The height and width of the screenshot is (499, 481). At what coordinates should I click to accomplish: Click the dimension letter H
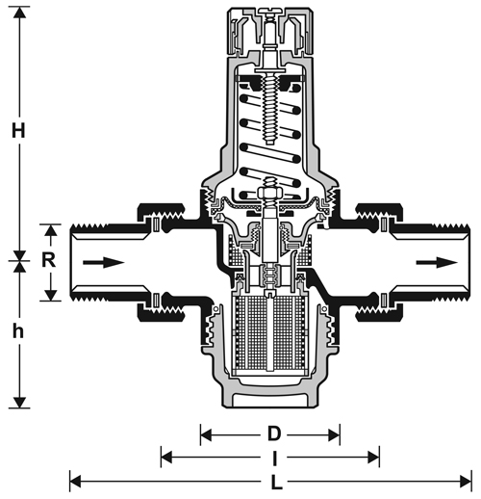(18, 130)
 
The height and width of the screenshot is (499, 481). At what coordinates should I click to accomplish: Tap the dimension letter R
(49, 260)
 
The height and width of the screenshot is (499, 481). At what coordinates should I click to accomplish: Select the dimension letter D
(274, 434)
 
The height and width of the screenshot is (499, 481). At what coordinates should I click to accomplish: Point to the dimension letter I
(274, 459)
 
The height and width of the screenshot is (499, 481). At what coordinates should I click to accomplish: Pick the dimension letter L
(276, 482)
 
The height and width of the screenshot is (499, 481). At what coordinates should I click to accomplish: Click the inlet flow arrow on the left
(103, 262)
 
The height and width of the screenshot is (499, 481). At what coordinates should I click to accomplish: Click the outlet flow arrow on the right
(437, 262)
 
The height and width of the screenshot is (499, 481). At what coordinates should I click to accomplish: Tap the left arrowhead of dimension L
(75, 482)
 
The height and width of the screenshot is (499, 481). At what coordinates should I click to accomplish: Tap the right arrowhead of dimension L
(466, 482)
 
